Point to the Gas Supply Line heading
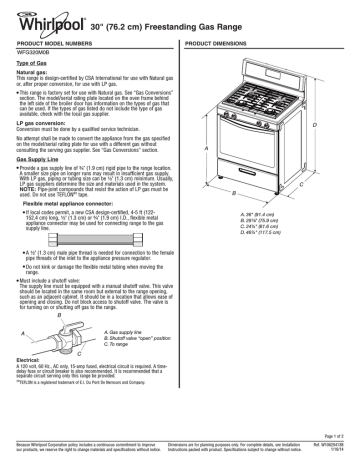(x=40, y=158)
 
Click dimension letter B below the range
(x=264, y=189)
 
